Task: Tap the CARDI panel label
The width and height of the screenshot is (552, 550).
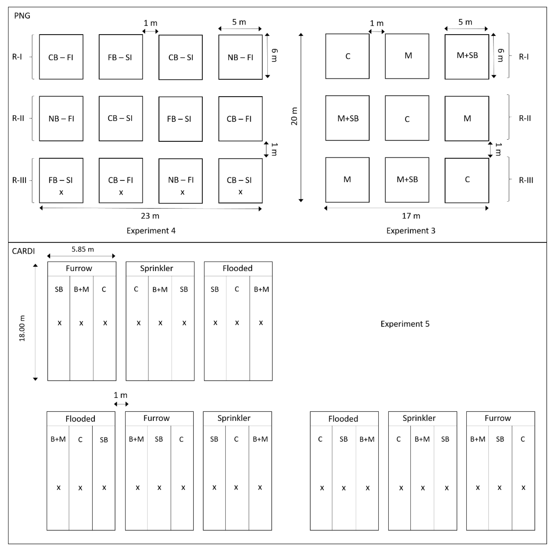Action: point(23,251)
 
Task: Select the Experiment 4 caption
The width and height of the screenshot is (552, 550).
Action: point(151,231)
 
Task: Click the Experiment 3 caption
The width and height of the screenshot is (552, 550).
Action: point(411,231)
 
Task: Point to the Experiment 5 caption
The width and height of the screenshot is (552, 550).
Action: point(405,324)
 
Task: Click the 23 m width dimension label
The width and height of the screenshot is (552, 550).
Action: point(150,216)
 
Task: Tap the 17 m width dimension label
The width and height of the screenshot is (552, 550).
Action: point(411,216)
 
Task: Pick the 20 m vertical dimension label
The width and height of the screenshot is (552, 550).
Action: point(294,116)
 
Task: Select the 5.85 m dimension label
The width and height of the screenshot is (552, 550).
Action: point(83,249)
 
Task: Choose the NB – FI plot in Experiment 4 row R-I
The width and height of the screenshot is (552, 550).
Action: point(240,57)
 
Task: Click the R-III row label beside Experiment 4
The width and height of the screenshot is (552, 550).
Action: point(19,180)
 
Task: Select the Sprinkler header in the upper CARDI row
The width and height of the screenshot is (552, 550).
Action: point(157,268)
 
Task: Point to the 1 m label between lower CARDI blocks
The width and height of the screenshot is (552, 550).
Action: point(120,395)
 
